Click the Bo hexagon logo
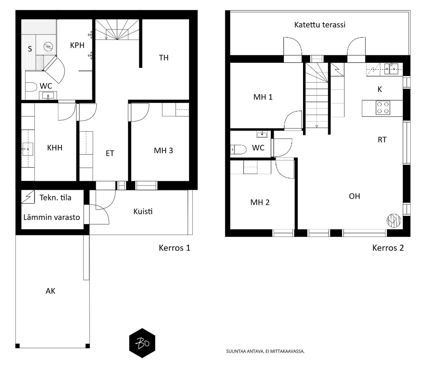[142, 343]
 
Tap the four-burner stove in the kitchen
[383, 108]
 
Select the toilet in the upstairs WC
[238, 150]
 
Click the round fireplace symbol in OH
[394, 221]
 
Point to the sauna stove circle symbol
[48, 47]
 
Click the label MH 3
[163, 150]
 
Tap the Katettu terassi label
[320, 25]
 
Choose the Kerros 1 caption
[174, 248]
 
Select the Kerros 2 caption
[388, 248]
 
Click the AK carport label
[51, 291]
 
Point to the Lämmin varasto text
[52, 217]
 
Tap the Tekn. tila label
[56, 198]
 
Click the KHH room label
[55, 148]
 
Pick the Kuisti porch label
[143, 211]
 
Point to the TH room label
[164, 58]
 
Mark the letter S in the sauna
[30, 49]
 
